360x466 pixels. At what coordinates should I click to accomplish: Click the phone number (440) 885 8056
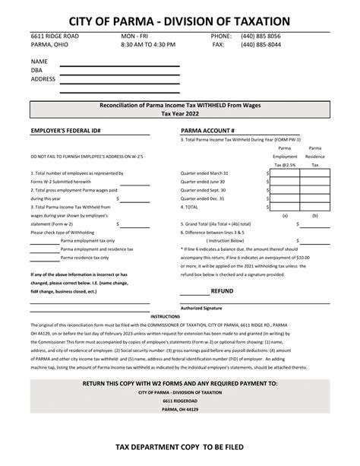[261, 36]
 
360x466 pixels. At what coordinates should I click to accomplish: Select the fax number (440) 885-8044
[261, 45]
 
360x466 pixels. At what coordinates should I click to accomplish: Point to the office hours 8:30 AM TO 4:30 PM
[147, 45]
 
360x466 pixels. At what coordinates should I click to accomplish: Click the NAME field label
[39, 61]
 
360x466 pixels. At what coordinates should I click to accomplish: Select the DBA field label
[37, 69]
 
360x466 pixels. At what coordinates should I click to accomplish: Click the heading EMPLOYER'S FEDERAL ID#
[66, 131]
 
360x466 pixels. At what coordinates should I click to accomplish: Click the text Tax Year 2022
[179, 113]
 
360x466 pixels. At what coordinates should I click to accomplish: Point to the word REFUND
[222, 290]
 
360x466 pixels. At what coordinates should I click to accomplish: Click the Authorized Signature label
[201, 307]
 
